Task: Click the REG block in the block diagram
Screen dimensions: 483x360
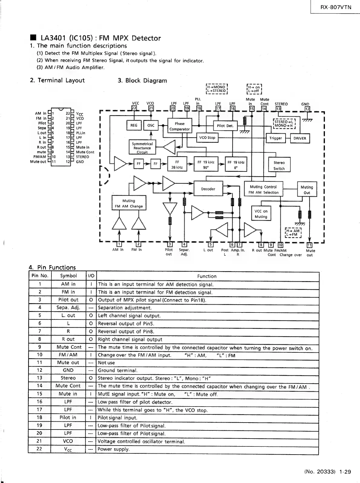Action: [x=134, y=125]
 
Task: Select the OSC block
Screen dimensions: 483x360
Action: [x=151, y=125]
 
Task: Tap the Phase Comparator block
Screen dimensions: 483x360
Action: [x=179, y=126]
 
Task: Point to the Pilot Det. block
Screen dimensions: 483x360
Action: [x=225, y=126]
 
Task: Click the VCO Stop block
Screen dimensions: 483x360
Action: [x=207, y=138]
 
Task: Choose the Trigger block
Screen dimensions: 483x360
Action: [x=275, y=138]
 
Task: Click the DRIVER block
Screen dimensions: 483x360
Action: [x=300, y=138]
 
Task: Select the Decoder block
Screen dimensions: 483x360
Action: [x=208, y=189]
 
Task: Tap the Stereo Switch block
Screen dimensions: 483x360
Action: [x=279, y=165]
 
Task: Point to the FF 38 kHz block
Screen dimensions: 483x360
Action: [x=177, y=164]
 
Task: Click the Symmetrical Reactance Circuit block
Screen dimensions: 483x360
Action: [x=142, y=148]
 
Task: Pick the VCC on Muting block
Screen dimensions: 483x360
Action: [x=261, y=214]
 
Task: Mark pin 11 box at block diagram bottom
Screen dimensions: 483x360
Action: [x=309, y=245]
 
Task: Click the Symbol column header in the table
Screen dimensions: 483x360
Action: [x=68, y=276]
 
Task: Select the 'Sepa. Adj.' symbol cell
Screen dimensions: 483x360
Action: [x=68, y=308]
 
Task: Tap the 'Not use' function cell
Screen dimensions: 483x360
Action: [x=106, y=363]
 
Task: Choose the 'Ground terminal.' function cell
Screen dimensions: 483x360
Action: [x=118, y=371]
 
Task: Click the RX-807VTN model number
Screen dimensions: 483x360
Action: [x=336, y=7]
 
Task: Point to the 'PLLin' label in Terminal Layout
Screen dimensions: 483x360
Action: [x=80, y=133]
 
